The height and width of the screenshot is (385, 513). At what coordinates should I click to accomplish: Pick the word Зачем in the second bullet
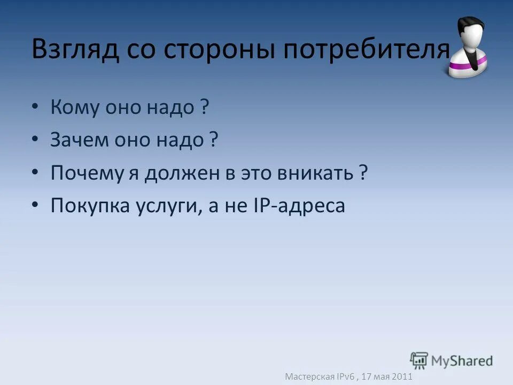click(x=78, y=141)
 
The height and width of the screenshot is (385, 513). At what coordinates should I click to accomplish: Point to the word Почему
click(x=87, y=173)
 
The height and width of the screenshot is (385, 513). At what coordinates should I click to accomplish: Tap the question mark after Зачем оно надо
click(x=213, y=141)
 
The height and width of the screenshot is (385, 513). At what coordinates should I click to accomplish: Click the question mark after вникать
click(x=363, y=173)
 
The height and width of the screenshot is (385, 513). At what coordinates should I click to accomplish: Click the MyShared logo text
click(x=462, y=361)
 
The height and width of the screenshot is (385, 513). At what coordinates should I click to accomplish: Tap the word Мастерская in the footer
click(x=309, y=376)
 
